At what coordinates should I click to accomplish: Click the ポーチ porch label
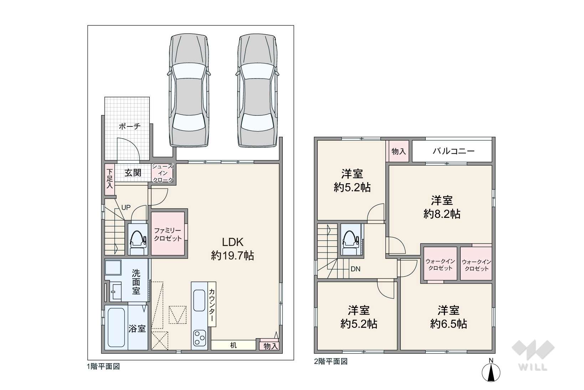[129, 127]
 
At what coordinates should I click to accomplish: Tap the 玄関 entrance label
[133, 172]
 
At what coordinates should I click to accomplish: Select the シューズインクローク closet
[163, 173]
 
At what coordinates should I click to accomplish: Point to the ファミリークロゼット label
[168, 234]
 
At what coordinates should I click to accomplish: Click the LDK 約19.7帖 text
[232, 249]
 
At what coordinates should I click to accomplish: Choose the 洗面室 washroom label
[136, 282]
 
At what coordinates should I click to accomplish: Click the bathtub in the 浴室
[116, 327]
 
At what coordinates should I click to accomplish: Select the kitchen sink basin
[199, 300]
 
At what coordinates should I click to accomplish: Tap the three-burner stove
[199, 338]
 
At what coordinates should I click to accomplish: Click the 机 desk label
[233, 345]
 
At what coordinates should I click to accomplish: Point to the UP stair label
[126, 207]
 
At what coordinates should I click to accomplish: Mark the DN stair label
[355, 269]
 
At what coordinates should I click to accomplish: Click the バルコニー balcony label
[454, 151]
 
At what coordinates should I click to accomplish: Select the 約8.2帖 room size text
[442, 214]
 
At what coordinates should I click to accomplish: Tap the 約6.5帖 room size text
[449, 324]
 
